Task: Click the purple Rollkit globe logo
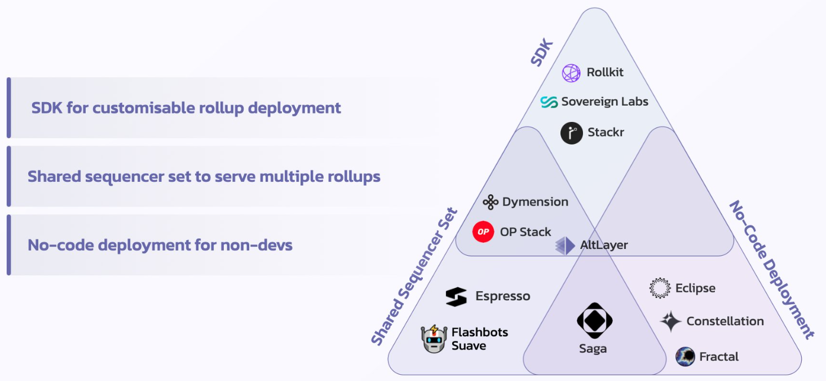571,73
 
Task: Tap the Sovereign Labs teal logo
549,102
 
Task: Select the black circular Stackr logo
572,133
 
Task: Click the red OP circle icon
483,231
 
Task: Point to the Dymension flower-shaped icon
491,202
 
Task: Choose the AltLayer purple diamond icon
565,246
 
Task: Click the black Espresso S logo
456,296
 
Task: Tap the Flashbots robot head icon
434,339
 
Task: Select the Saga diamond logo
594,321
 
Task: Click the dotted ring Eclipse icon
660,288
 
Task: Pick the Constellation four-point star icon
670,321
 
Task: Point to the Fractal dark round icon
685,357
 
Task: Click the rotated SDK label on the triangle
542,52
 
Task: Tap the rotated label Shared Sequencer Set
414,277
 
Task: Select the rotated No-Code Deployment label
772,269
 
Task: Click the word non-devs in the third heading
257,245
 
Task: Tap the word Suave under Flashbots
469,346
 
